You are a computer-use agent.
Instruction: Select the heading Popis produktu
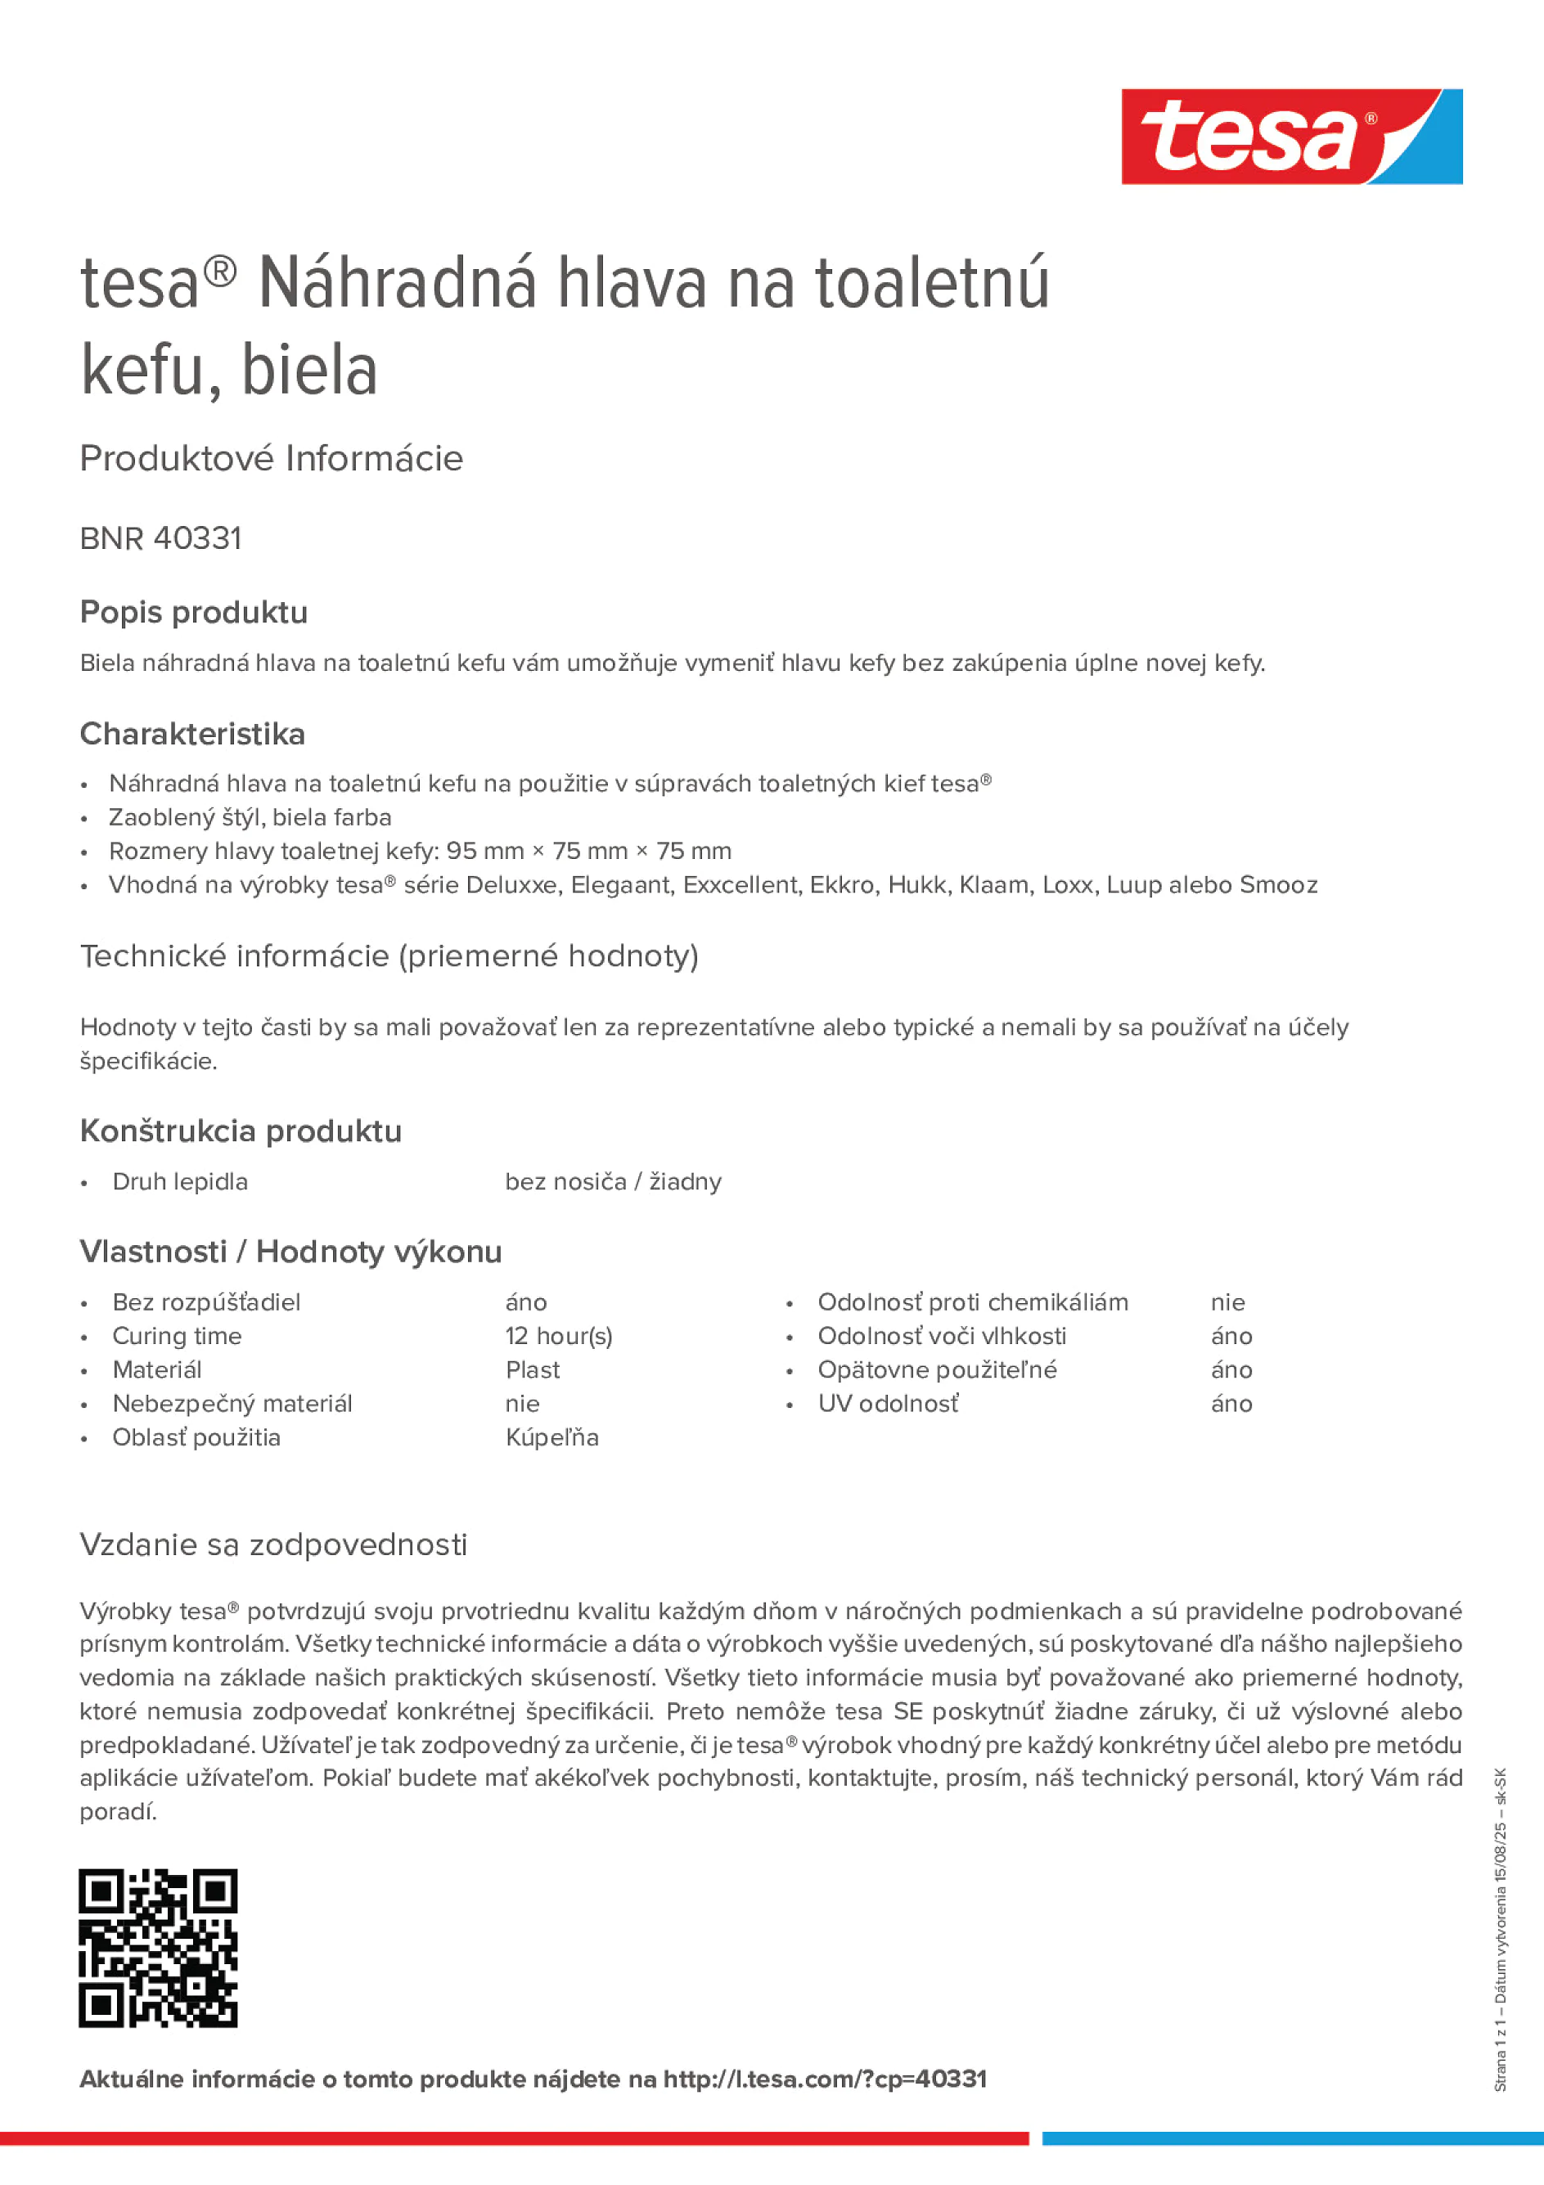coord(193,612)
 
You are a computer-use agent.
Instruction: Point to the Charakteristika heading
coord(192,734)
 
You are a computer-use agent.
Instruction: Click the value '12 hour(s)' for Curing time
coord(559,1336)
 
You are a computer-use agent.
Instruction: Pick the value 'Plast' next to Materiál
coord(532,1369)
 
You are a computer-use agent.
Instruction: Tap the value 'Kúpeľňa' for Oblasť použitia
coord(552,1437)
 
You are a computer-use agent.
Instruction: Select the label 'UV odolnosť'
coord(887,1404)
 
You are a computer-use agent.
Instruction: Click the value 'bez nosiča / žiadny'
coord(613,1182)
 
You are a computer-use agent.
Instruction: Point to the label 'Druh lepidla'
coord(180,1182)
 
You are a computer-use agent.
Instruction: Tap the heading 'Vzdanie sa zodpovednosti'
coord(273,1544)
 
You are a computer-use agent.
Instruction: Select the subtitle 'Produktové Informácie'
coord(272,459)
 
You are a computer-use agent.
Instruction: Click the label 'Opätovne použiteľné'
coord(937,1369)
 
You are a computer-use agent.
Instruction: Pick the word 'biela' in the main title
coord(309,371)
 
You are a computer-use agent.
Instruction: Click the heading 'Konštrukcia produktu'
coord(241,1131)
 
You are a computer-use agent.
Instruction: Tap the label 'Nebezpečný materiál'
coord(232,1404)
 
